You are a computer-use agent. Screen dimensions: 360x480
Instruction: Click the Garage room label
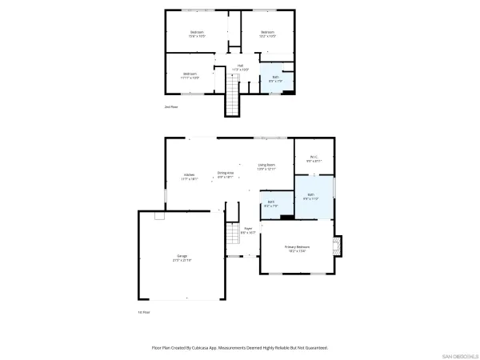[182, 258]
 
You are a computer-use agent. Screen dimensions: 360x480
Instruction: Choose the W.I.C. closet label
[314, 158]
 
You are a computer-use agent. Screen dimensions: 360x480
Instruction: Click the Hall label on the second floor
[240, 67]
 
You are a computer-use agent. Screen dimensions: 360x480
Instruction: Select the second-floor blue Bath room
[274, 78]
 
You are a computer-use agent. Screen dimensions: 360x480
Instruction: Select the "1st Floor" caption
[144, 312]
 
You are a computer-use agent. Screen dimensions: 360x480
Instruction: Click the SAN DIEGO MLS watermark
[459, 354]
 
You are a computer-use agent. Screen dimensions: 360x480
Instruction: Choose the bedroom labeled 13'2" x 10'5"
[267, 34]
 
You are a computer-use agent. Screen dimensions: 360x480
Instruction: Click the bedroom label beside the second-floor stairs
[190, 76]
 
